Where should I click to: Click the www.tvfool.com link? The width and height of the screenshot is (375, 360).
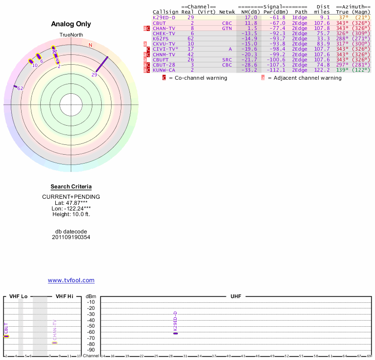pos(71,280)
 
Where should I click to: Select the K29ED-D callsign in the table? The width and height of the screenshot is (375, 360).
pos(164,17)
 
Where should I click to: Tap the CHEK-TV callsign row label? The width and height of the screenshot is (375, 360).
pos(164,33)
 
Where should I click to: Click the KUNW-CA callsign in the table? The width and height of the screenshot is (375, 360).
pos(164,70)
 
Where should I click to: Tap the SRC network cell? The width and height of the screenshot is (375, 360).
pos(227,60)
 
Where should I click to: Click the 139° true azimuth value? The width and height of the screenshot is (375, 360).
pos(342,70)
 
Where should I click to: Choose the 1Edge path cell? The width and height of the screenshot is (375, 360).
pos(300,17)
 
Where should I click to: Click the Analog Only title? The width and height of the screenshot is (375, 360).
pos(71,24)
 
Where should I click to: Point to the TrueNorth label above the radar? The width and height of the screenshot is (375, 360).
pos(71,35)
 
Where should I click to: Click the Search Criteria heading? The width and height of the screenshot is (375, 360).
pos(71,187)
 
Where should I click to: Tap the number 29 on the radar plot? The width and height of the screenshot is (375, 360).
pos(94,75)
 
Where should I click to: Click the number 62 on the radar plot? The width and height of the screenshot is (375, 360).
pos(20,88)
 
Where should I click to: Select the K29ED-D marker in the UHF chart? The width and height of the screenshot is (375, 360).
pos(175,333)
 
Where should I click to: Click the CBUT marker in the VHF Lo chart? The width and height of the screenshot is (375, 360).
pos(7,336)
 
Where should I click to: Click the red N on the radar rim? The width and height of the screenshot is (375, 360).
pos(90,45)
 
